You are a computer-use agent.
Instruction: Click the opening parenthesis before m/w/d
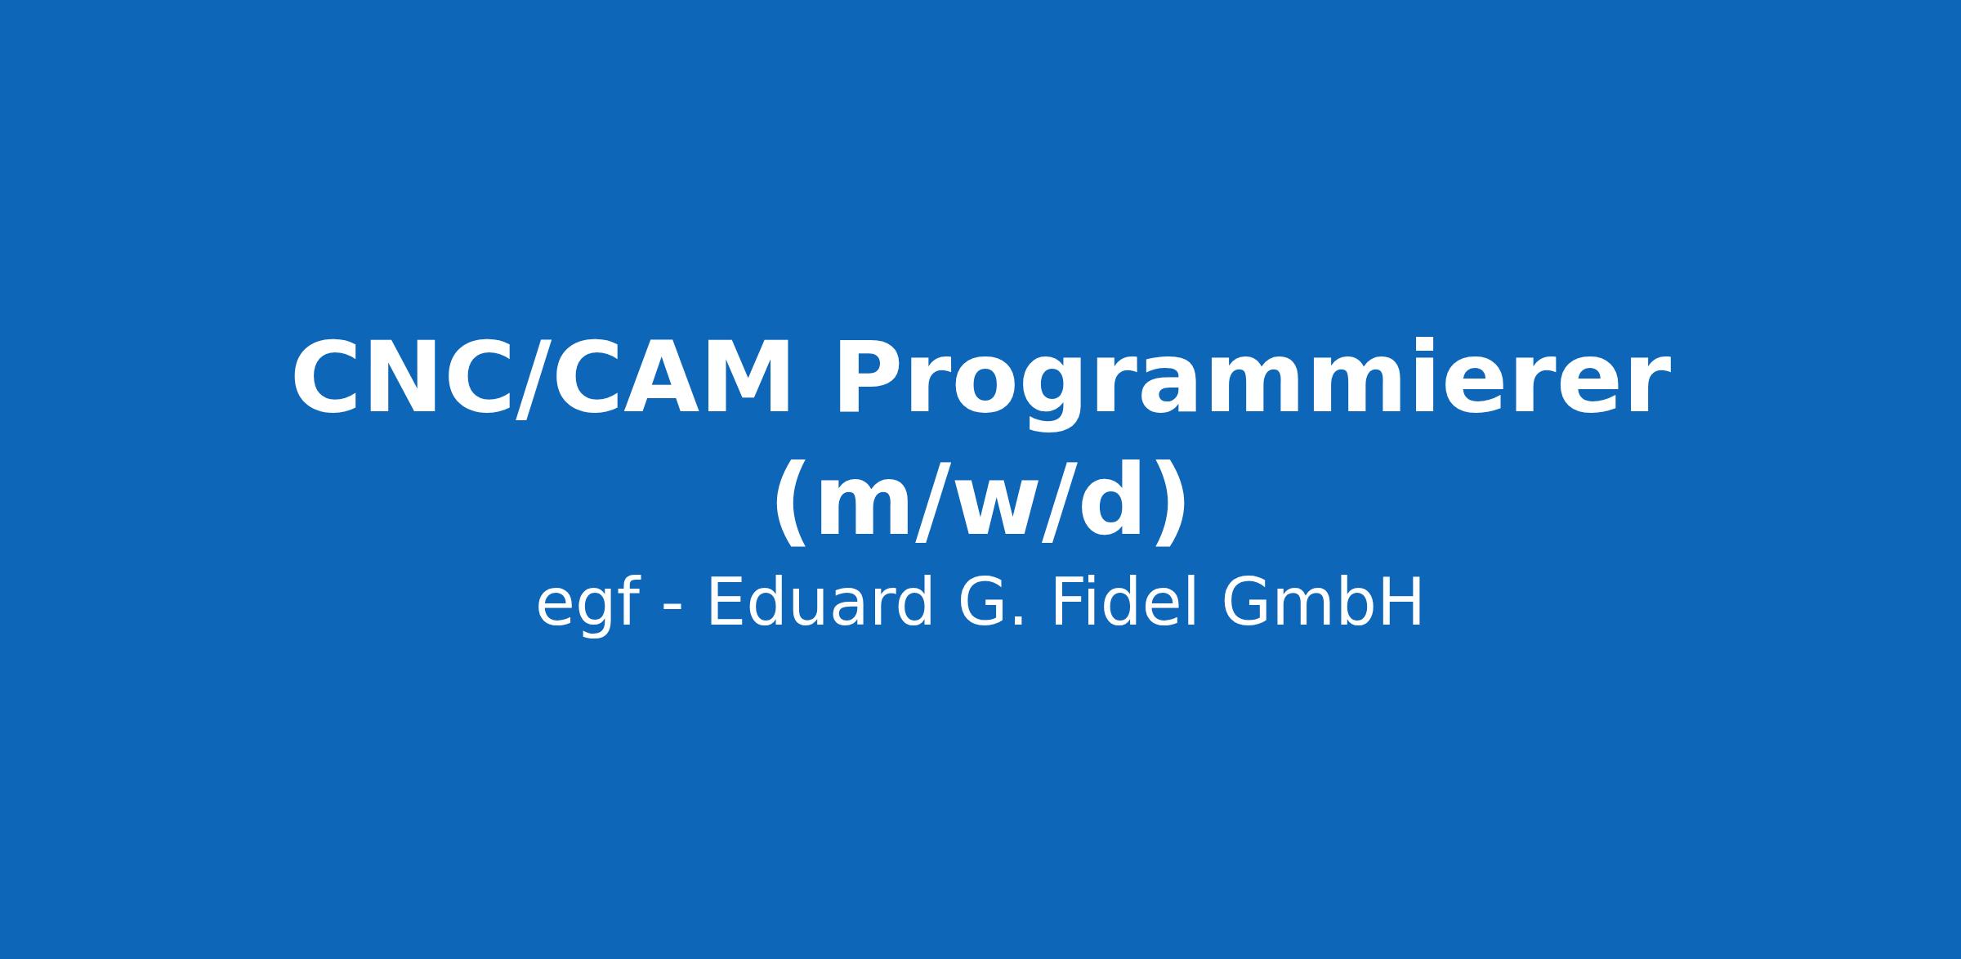(789, 501)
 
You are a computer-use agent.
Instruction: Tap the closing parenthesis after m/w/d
(1171, 501)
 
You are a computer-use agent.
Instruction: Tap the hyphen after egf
(672, 607)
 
